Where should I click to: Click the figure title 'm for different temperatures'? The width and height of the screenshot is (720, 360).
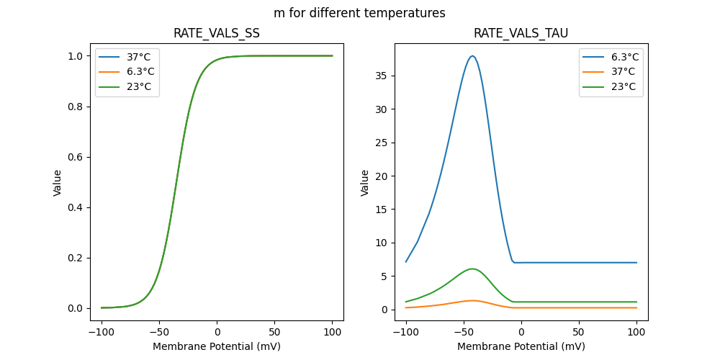pos(359,13)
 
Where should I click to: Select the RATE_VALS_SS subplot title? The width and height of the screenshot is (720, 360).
pos(217,34)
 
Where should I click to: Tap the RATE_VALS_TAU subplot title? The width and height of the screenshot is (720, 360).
pos(521,34)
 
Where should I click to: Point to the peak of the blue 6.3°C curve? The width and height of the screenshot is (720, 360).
pos(472,56)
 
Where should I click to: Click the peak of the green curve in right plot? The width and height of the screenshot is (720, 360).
pos(472,269)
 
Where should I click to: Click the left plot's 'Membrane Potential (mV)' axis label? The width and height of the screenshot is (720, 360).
pos(217,346)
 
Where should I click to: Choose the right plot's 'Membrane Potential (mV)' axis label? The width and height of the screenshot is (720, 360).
pos(521,346)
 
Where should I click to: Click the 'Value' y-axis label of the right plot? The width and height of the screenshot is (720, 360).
pos(365,182)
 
